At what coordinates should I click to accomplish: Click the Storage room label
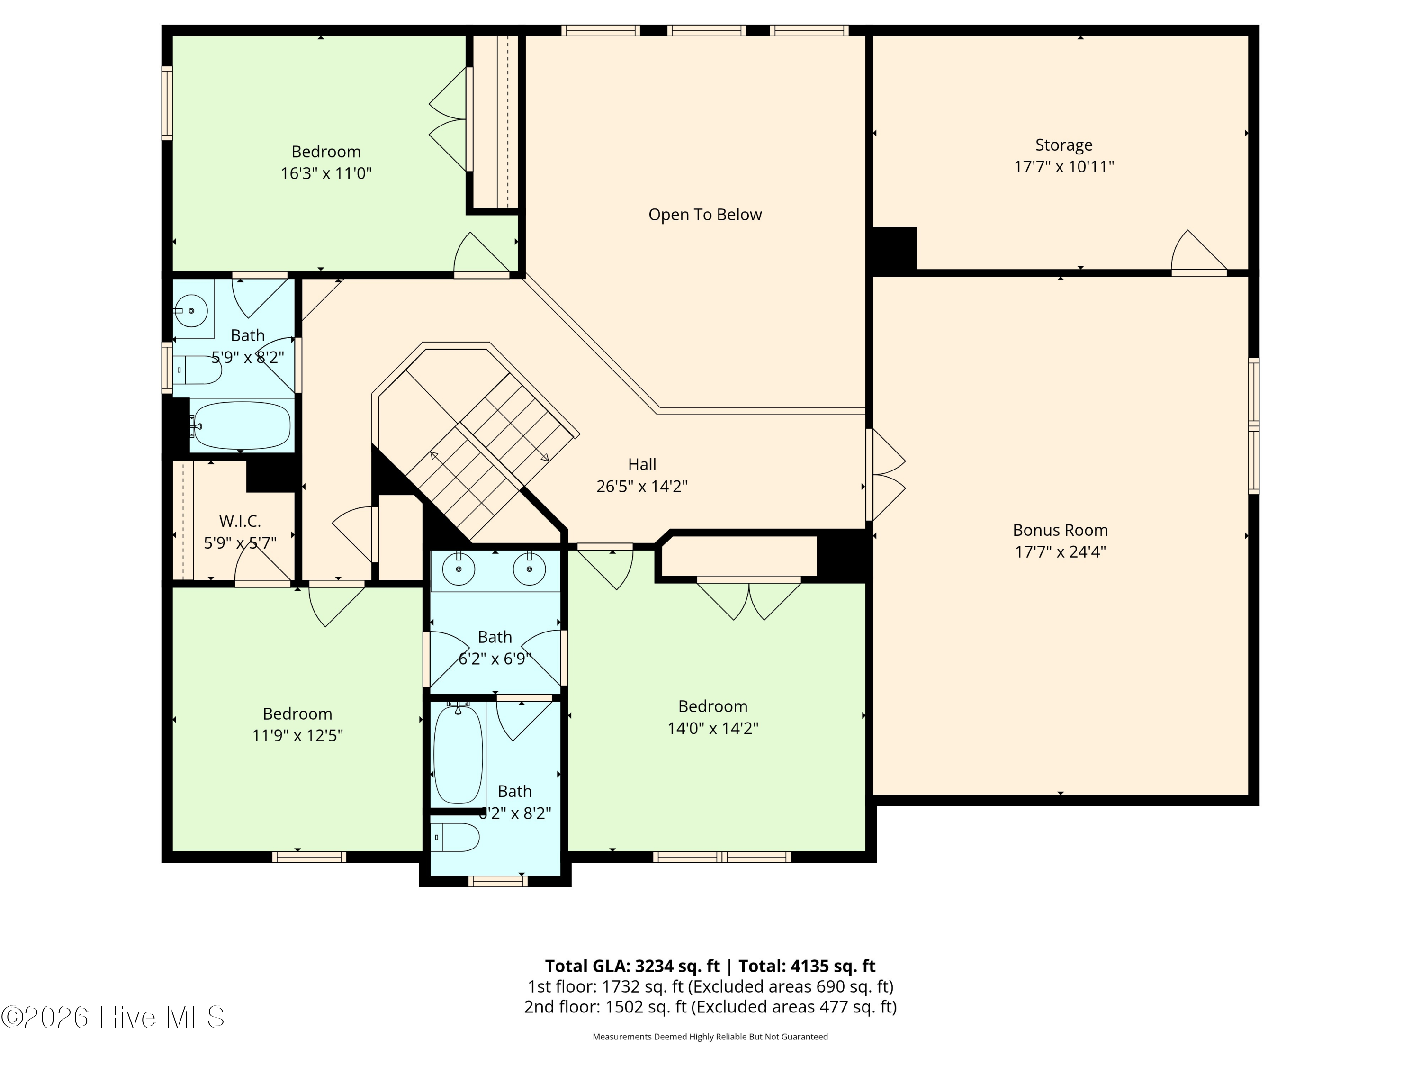[1063, 145]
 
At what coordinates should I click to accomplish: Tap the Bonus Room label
[1060, 530]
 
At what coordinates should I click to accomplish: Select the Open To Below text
[705, 215]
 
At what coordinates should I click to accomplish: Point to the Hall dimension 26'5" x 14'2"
[642, 487]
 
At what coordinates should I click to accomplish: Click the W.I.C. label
[240, 521]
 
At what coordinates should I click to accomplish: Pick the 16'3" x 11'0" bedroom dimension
[326, 173]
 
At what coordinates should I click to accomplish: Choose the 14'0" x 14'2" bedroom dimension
[712, 728]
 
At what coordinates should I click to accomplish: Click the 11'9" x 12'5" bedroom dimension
[297, 735]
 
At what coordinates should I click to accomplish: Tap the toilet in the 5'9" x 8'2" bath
[197, 370]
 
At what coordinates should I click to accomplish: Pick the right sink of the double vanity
[530, 569]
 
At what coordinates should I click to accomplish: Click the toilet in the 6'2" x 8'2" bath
[456, 837]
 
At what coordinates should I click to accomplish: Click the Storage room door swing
[1198, 252]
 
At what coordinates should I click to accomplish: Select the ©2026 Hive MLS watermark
[113, 1017]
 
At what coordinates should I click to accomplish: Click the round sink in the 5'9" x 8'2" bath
[191, 311]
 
